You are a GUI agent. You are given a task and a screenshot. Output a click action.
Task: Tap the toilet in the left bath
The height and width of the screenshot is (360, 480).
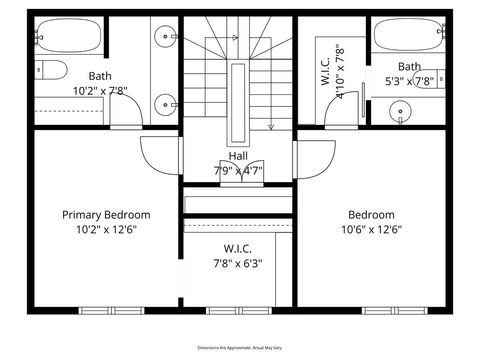coord(48,69)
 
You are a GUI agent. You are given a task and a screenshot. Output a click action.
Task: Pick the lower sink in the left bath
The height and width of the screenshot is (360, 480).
coord(166,101)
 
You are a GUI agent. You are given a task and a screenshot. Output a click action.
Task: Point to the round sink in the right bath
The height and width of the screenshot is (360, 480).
coord(402,111)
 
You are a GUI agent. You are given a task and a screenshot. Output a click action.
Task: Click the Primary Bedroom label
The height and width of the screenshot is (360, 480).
coord(106,215)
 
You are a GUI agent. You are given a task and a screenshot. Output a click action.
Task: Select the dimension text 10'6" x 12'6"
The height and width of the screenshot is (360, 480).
coord(371,229)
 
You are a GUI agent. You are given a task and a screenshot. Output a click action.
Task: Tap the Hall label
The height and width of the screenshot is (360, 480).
coord(238,156)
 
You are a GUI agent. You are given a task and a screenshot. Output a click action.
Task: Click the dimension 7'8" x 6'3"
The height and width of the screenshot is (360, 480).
coord(238,264)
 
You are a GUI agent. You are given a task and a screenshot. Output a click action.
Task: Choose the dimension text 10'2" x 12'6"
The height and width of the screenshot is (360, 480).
coord(106,229)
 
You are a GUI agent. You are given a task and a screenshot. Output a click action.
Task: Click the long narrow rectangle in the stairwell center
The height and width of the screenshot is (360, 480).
coord(238,100)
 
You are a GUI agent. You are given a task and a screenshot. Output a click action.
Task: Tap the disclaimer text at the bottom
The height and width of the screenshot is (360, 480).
coord(239,346)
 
